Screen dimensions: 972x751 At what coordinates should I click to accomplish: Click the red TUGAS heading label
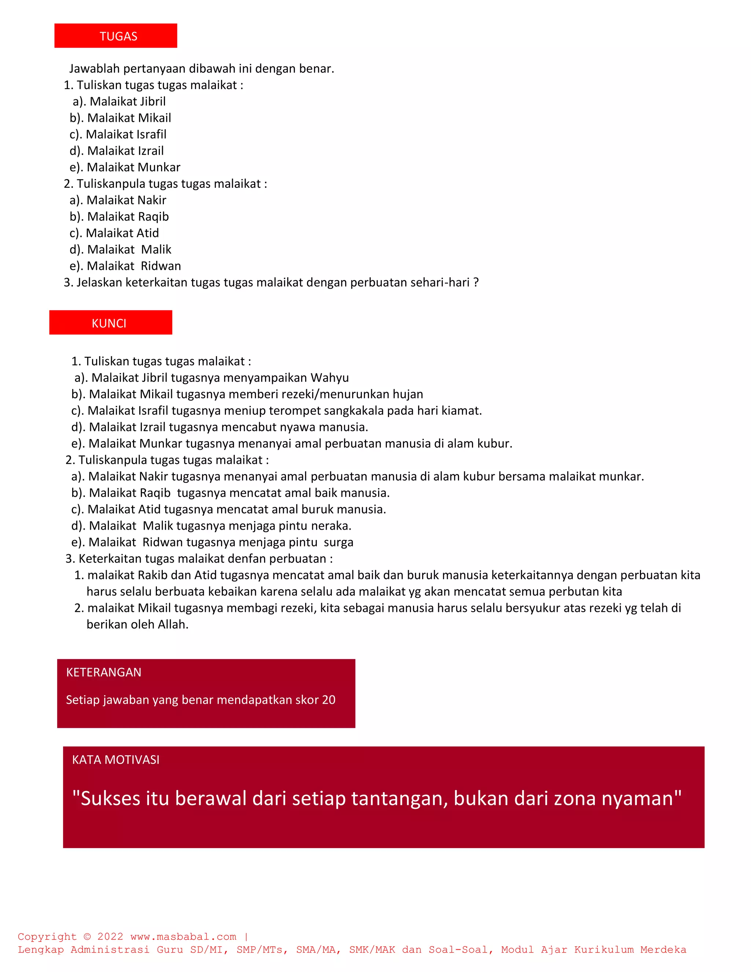click(x=118, y=36)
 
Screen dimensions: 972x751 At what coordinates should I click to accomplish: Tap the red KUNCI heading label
click(x=109, y=323)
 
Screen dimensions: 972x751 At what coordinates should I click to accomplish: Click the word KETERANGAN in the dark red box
click(x=104, y=672)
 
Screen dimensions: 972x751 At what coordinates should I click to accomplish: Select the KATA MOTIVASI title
click(x=116, y=760)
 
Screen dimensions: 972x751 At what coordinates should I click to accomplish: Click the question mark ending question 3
click(x=476, y=282)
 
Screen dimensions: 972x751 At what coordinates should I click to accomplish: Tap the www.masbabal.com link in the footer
click(x=183, y=937)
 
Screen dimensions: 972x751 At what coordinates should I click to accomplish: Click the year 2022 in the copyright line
click(x=110, y=937)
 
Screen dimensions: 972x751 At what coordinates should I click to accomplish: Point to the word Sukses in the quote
click(x=111, y=799)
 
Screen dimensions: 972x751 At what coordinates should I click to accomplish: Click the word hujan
click(x=407, y=394)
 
